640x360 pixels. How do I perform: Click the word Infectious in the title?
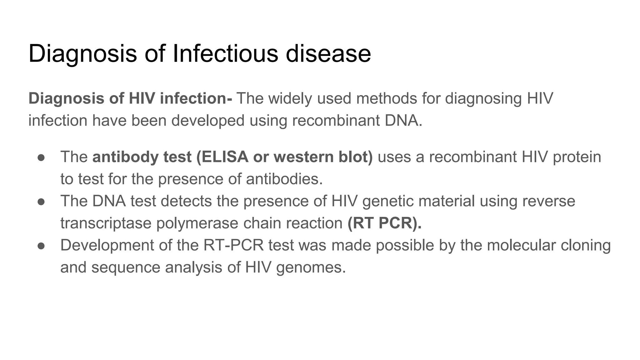click(225, 53)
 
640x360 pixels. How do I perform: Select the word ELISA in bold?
click(225, 157)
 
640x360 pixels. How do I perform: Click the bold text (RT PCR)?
click(384, 223)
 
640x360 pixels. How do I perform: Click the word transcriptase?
click(106, 223)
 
